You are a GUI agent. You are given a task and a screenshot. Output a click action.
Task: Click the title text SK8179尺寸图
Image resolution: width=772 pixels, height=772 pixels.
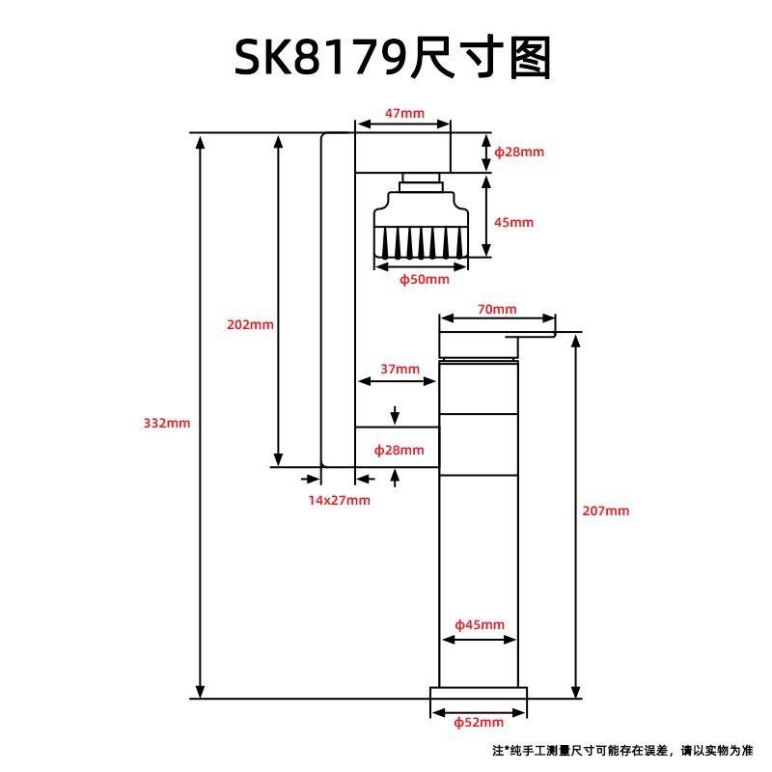(x=393, y=58)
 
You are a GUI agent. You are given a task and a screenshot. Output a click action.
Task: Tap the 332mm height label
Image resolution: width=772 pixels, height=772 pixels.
(x=166, y=423)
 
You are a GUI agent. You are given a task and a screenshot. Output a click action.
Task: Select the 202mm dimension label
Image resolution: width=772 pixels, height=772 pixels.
(x=250, y=324)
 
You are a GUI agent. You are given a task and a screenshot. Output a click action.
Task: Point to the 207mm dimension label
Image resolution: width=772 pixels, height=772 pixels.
(x=606, y=510)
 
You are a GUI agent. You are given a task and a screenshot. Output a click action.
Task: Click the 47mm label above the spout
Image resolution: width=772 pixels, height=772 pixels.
(x=404, y=113)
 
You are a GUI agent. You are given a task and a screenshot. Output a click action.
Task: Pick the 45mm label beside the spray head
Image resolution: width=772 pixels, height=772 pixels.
(x=513, y=222)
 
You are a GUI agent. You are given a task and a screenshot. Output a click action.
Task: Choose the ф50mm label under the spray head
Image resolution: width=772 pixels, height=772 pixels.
(x=424, y=279)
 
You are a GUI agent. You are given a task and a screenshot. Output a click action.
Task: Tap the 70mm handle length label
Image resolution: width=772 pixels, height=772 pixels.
(x=497, y=309)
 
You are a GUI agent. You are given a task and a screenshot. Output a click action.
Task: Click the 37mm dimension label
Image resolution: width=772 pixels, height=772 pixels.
(x=400, y=369)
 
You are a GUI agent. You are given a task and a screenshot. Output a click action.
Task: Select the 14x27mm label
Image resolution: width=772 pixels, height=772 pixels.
(x=340, y=500)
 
